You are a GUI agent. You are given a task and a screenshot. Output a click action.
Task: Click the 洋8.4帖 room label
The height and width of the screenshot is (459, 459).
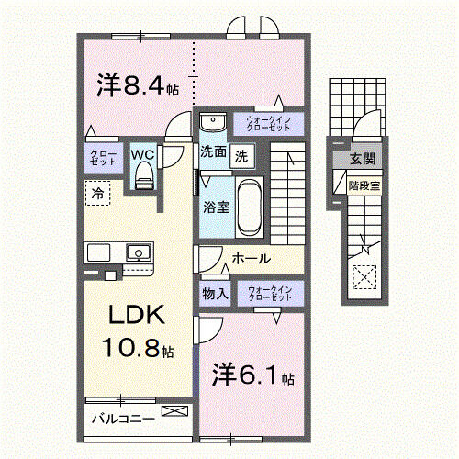(138, 87)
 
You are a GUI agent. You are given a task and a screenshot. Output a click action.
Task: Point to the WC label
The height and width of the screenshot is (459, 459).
(142, 154)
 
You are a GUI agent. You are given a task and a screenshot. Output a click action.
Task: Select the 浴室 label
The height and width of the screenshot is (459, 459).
(217, 207)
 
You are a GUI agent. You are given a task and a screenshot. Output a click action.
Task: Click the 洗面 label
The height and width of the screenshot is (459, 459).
(214, 154)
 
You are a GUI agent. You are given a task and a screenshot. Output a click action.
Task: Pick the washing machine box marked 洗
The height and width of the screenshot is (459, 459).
(241, 155)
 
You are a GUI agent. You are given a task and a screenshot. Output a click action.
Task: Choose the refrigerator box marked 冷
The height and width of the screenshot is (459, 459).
(95, 193)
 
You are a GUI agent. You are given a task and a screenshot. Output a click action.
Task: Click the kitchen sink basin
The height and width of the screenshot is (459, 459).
(140, 251)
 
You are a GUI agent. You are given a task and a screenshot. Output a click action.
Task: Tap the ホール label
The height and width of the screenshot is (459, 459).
(251, 259)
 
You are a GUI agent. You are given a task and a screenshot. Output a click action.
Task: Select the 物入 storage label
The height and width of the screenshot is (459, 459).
(215, 294)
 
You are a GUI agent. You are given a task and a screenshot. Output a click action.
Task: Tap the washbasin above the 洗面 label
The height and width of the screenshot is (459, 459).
(213, 123)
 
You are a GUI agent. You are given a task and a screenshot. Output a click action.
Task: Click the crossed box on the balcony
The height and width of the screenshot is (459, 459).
(175, 413)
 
